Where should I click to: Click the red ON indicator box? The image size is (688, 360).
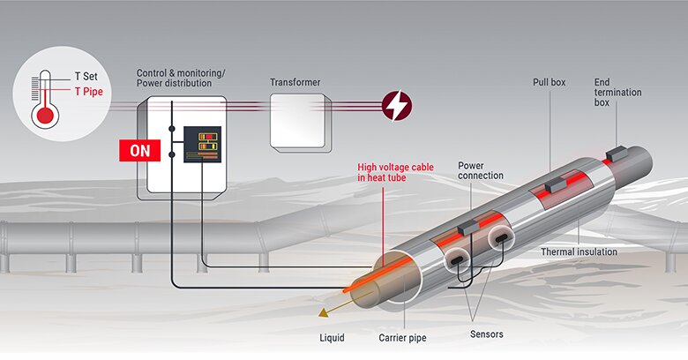tap(139, 150)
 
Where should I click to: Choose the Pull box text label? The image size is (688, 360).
tap(549, 82)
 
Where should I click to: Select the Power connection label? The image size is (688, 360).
tap(481, 170)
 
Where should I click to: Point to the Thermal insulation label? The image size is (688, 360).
tap(579, 252)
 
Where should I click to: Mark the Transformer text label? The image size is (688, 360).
tap(295, 83)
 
